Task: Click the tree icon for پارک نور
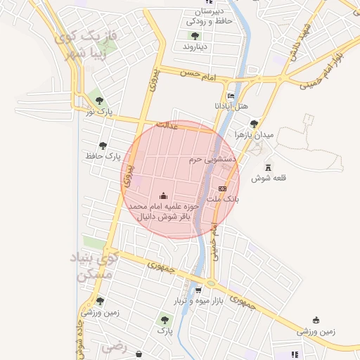99,101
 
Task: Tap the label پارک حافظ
103,155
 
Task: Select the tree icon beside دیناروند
194,36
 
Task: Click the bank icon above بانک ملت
223,188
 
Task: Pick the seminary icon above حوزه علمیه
164,195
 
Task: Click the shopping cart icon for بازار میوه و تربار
198,290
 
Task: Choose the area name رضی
112,347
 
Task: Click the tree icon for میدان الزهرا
254,124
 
